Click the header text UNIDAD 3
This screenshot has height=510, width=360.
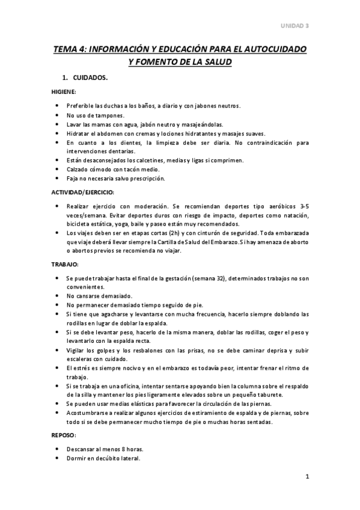[x=295, y=26]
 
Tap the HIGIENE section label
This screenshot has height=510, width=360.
[x=63, y=92]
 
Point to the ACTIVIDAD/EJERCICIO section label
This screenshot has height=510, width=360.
[x=82, y=192]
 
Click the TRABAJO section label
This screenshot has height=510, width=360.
[x=64, y=264]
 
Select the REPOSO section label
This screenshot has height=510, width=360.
[x=63, y=435]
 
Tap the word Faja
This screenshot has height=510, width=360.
[x=73, y=179]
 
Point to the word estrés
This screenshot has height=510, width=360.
[x=80, y=367]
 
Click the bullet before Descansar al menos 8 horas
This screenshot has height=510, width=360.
[x=56, y=449]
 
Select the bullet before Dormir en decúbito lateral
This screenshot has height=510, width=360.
[x=56, y=458]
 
